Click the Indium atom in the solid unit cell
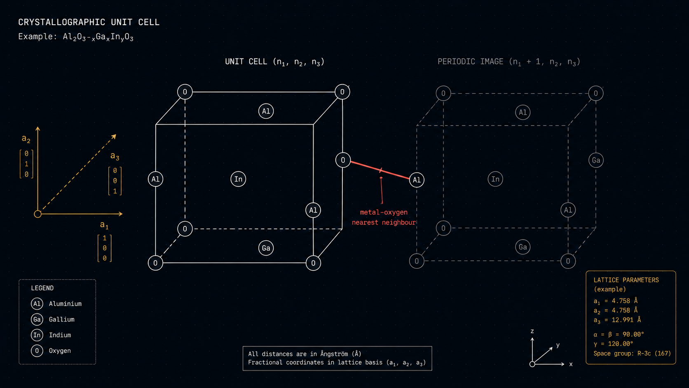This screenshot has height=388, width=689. click(238, 179)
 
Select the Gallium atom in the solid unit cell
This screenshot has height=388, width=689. click(266, 248)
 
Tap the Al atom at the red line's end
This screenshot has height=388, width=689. click(417, 180)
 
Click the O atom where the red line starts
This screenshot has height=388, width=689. click(343, 160)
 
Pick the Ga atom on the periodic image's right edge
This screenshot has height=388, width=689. click(596, 160)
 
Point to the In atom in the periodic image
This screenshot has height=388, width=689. click(495, 179)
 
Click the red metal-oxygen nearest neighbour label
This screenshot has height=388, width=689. click(384, 217)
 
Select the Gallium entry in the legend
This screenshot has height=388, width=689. click(53, 320)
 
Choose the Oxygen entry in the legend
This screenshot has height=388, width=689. click(51, 351)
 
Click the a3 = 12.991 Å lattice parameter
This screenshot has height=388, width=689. click(617, 320)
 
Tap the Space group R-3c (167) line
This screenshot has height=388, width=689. click(632, 353)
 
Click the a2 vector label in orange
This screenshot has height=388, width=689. click(26, 139)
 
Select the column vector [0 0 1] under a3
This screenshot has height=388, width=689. click(115, 181)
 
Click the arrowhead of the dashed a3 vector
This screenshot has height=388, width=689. click(114, 136)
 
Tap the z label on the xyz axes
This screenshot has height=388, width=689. click(532, 332)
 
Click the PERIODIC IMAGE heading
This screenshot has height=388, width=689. click(509, 62)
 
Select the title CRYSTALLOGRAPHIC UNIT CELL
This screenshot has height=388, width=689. click(89, 22)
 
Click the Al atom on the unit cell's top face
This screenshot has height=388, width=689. click(266, 111)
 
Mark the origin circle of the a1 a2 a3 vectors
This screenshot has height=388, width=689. click(37, 214)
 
